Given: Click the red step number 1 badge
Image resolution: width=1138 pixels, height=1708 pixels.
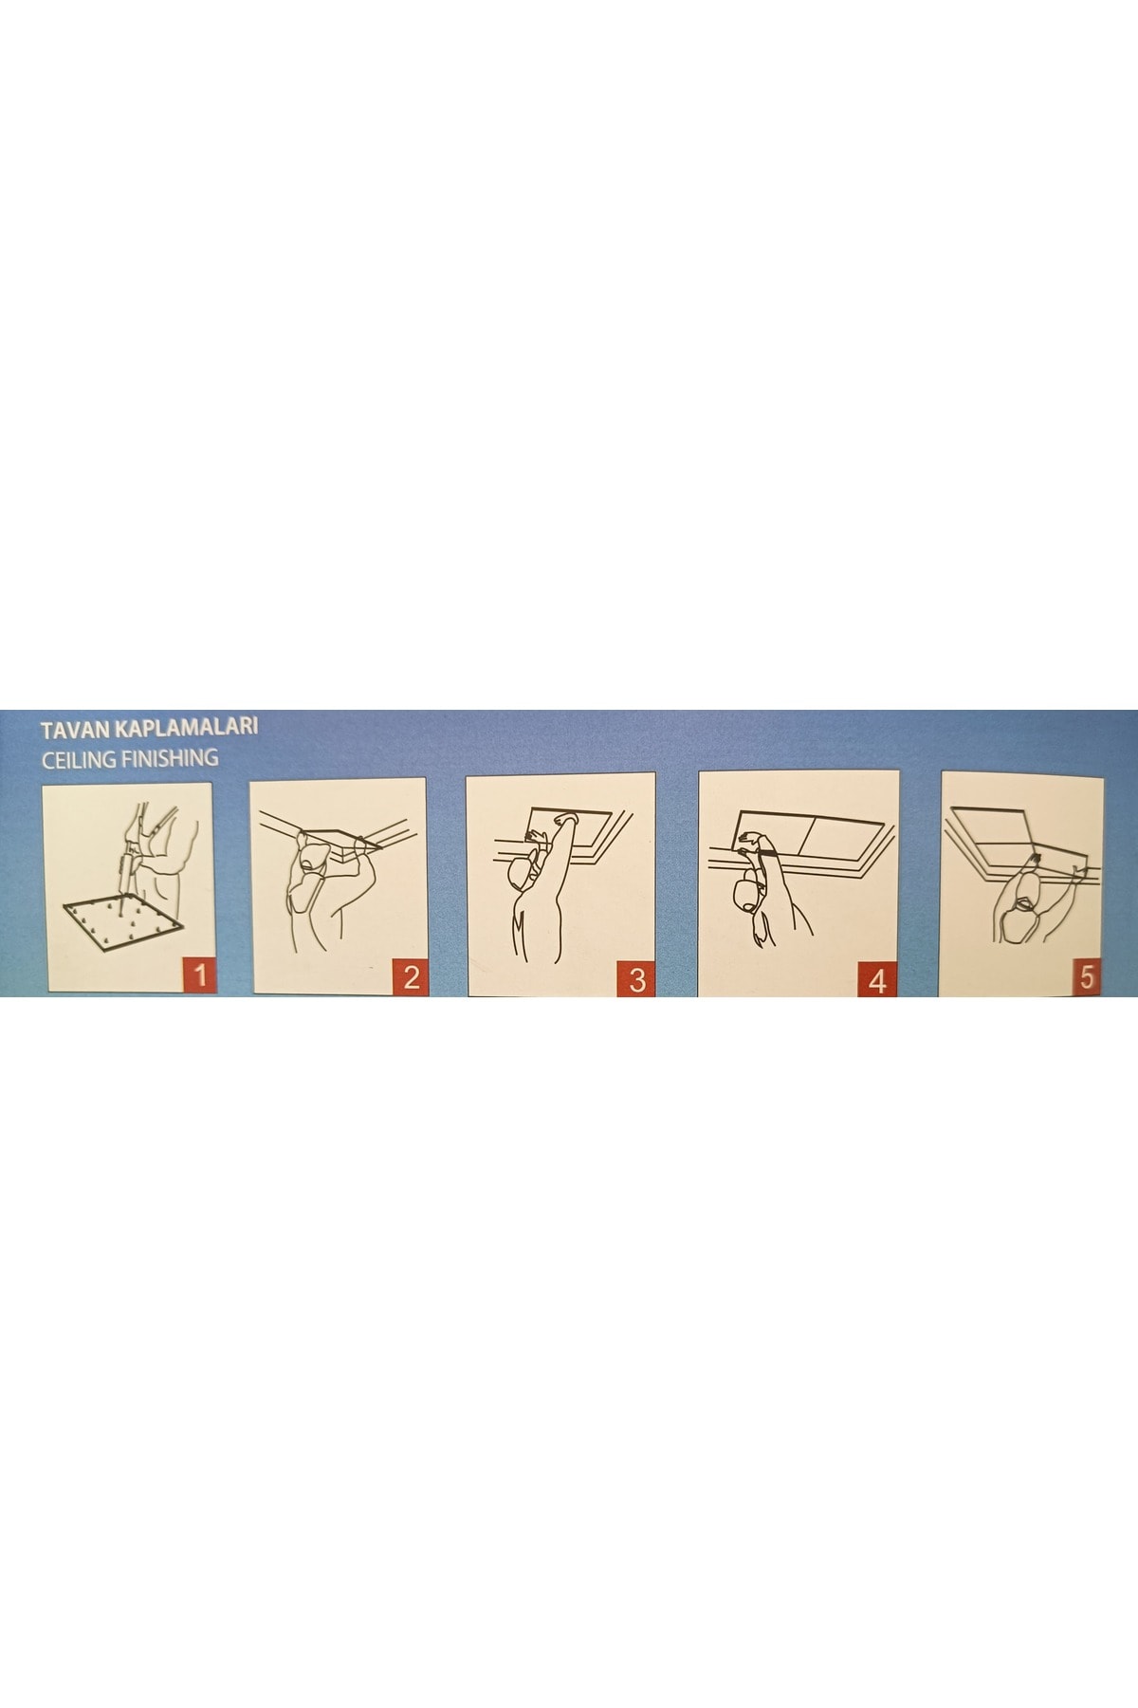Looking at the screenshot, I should pos(199,974).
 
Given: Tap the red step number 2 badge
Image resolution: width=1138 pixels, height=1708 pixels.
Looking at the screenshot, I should pos(410,975).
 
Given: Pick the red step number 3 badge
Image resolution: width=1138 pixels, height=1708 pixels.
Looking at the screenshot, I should pos(636,977).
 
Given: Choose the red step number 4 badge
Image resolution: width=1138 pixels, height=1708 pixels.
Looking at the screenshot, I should pos(877,978).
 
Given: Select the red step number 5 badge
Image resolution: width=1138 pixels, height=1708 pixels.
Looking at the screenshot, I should pos(1086,975).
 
